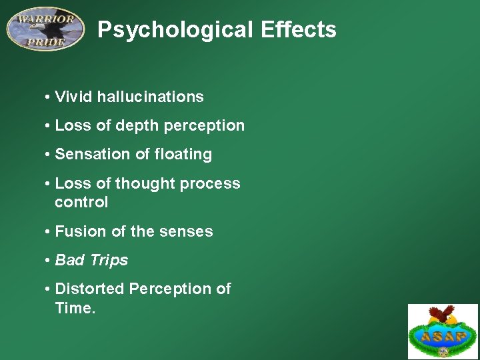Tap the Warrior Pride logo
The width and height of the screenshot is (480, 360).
[x=45, y=29]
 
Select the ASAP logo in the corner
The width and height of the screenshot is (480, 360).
[x=443, y=331]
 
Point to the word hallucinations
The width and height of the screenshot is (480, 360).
[x=150, y=97]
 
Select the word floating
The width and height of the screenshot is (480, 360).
[x=183, y=154]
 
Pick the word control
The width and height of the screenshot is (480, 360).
[x=81, y=202]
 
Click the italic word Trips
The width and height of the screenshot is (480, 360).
[x=109, y=260]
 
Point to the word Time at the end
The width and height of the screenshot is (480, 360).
[x=74, y=307]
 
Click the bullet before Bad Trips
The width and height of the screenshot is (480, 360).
[x=48, y=261]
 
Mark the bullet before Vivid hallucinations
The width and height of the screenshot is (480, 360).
[x=48, y=97]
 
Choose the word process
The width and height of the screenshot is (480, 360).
[x=213, y=183]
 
